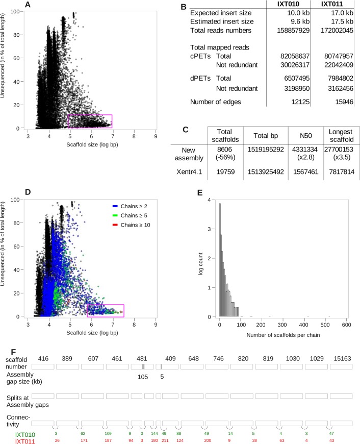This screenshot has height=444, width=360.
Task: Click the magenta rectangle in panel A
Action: [89, 121]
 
